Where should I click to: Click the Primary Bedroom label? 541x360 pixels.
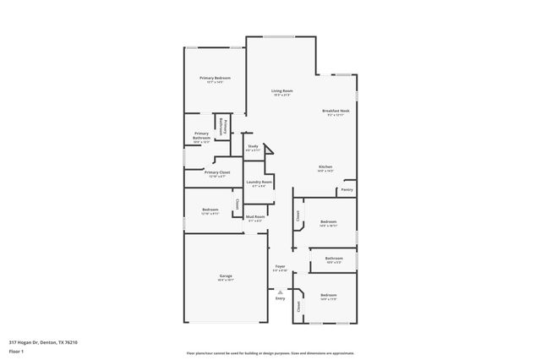click(216, 79)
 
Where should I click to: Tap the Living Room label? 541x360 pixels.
click(281, 90)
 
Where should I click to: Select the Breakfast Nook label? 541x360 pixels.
click(336, 111)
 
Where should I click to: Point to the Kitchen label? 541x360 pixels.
click(325, 166)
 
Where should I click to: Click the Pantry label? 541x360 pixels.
click(347, 190)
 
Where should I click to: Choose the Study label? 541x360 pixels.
click(253, 146)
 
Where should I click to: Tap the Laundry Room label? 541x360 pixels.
click(259, 182)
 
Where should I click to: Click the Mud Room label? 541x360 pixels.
click(255, 216)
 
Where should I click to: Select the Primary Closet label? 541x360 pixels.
click(216, 172)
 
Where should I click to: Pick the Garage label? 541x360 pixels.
click(226, 276)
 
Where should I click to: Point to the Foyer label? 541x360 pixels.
click(280, 267)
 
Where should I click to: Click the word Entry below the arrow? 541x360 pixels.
click(280, 298)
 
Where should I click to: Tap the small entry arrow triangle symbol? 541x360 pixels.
click(280, 291)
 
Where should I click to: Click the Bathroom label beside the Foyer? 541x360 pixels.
click(334, 258)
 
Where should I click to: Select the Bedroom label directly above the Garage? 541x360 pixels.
click(210, 210)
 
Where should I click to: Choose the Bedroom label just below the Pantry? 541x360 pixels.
click(329, 222)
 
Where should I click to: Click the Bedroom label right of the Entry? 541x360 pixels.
click(329, 296)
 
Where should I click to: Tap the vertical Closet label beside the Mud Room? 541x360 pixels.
click(238, 204)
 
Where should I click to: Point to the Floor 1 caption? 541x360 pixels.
click(16, 350)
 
